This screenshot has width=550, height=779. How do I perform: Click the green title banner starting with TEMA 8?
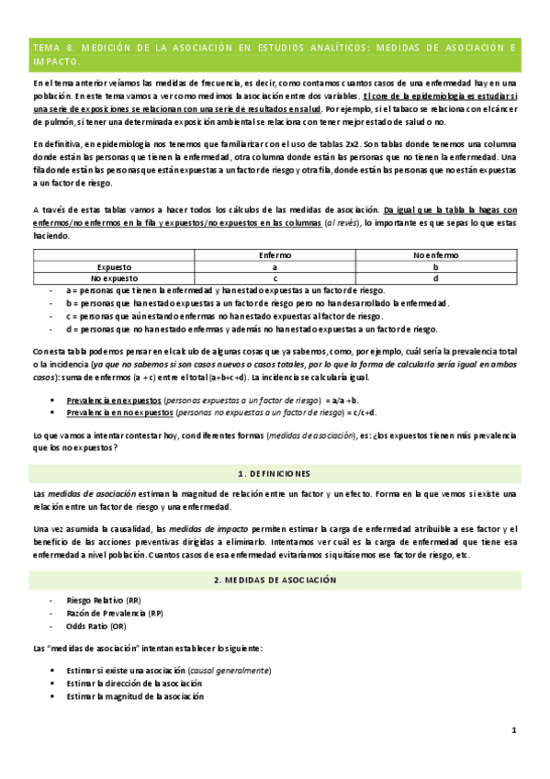coord(275,54)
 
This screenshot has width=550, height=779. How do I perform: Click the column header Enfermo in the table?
coord(275,254)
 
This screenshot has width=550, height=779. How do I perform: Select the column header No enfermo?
coord(435,254)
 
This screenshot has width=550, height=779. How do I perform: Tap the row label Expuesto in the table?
coord(114,266)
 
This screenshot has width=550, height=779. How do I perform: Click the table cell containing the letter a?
coord(275,266)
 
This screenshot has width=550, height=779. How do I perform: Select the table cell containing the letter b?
coord(435,266)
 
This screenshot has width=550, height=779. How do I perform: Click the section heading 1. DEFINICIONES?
coord(275,473)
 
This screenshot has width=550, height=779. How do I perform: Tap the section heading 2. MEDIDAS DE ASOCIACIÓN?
coord(275,580)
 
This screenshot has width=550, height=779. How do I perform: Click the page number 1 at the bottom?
coord(514,730)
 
